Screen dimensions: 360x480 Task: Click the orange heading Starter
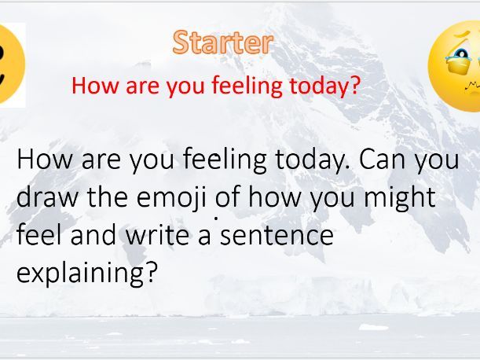[x=222, y=42]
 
